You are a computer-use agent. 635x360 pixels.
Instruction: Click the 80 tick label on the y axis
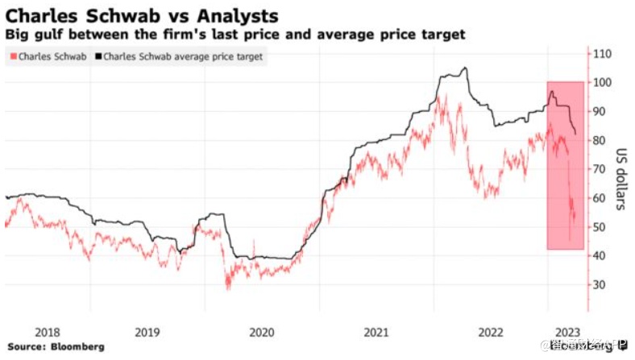click(x=600, y=140)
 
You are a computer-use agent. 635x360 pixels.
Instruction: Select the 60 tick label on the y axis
click(x=600, y=198)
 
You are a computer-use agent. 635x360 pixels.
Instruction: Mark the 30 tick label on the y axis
click(x=600, y=284)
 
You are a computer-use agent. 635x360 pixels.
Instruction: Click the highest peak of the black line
click(x=464, y=68)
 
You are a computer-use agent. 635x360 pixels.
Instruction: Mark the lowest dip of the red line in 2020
click(x=227, y=288)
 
